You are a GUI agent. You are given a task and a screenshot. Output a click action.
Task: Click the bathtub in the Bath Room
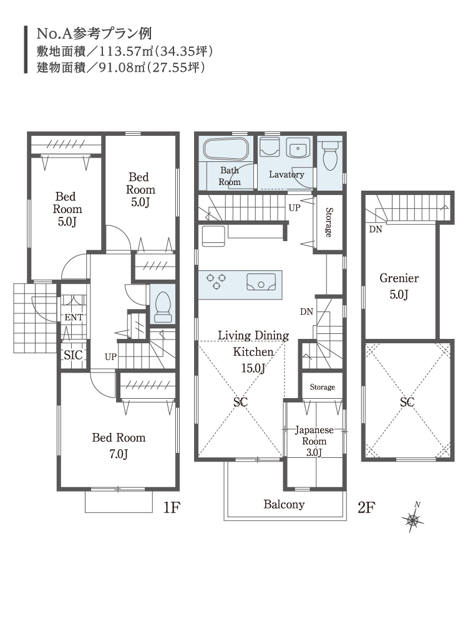(226, 150)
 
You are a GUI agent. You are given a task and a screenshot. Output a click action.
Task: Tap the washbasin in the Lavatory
(297, 149)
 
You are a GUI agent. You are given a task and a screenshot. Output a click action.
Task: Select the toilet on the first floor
(162, 307)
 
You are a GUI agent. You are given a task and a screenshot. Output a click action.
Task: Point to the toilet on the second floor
(330, 156)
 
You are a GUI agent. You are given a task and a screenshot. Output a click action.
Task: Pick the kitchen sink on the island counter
(261, 282)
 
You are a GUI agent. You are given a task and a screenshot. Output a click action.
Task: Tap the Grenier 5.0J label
(399, 286)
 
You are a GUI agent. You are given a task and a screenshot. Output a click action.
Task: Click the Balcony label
(284, 504)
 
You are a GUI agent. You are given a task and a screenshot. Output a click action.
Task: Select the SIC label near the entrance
(73, 355)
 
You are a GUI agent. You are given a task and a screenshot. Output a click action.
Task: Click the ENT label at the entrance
(74, 317)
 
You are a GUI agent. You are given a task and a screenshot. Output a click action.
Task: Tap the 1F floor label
(172, 507)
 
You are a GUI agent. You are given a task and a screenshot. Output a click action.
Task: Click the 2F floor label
(366, 507)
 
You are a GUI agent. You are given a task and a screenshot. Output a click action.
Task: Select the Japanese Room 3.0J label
(314, 441)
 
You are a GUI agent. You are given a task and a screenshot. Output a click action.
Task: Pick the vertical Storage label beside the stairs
(329, 222)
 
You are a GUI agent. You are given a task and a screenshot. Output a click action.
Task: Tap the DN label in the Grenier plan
(376, 229)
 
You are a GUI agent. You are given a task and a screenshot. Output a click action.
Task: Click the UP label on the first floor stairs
(110, 357)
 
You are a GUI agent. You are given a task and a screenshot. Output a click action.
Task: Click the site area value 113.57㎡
(126, 52)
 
